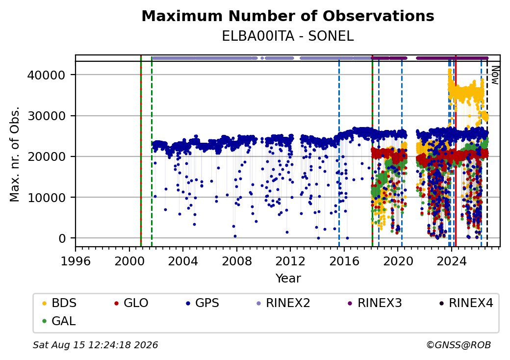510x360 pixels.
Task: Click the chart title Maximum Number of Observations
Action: click(x=288, y=16)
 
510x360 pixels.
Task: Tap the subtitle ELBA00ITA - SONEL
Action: click(x=288, y=36)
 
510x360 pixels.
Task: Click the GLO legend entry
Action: click(x=131, y=303)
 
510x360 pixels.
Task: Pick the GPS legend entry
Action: click(x=203, y=303)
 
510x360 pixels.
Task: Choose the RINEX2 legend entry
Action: click(x=283, y=303)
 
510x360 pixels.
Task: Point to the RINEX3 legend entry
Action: click(x=375, y=303)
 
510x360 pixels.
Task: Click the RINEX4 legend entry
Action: click(x=466, y=303)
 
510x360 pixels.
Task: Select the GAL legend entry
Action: click(x=59, y=321)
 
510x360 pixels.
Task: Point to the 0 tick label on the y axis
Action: click(x=62, y=238)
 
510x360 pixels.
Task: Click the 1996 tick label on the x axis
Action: click(x=76, y=261)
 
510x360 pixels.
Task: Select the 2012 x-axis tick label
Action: click(x=290, y=261)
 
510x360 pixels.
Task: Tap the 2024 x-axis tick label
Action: click(x=451, y=261)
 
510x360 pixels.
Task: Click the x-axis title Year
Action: click(x=288, y=279)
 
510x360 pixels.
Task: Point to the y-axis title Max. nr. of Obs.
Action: click(x=15, y=154)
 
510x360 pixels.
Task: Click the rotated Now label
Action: click(x=495, y=75)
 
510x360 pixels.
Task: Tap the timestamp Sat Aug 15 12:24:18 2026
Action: click(x=96, y=345)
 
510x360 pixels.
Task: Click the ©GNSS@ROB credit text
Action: click(x=459, y=345)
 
